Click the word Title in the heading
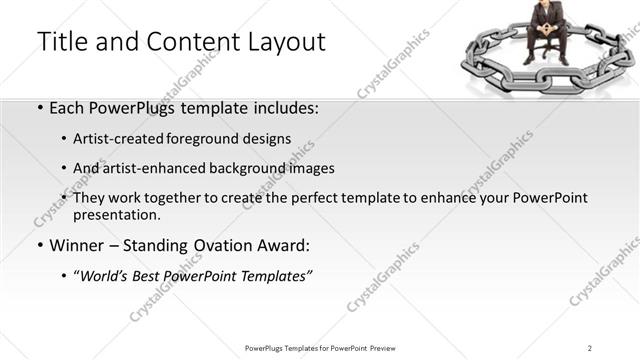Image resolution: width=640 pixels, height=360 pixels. pyautogui.click(x=60, y=42)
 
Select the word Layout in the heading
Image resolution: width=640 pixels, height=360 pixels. pyautogui.click(x=283, y=42)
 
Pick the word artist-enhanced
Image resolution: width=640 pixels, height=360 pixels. pyautogui.click(x=149, y=168)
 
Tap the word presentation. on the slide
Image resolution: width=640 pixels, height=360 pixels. pyautogui.click(x=117, y=215)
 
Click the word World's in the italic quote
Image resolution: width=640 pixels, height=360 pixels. pyautogui.click(x=106, y=276)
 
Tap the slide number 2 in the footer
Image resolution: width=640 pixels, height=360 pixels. pyautogui.click(x=591, y=347)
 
